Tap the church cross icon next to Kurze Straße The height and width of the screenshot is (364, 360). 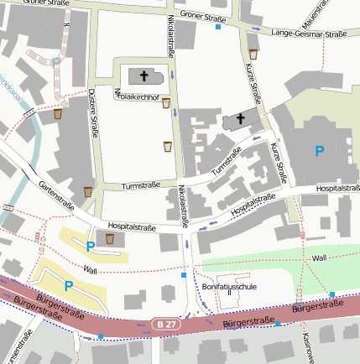(x=242, y=118)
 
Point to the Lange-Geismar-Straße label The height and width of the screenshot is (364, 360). (x=310, y=34)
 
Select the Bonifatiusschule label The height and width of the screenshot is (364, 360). (x=229, y=286)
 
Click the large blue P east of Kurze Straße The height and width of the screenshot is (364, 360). (x=318, y=150)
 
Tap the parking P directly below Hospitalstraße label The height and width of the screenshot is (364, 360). (x=91, y=246)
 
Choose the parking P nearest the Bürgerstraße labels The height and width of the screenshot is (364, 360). (x=69, y=286)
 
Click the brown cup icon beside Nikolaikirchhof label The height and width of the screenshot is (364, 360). (x=166, y=103)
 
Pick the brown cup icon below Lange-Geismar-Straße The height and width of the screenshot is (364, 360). (x=253, y=53)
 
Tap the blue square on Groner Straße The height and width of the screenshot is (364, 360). (x=219, y=27)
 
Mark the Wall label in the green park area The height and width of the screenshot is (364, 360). (x=318, y=258)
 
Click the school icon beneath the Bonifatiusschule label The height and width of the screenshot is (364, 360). (x=229, y=293)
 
